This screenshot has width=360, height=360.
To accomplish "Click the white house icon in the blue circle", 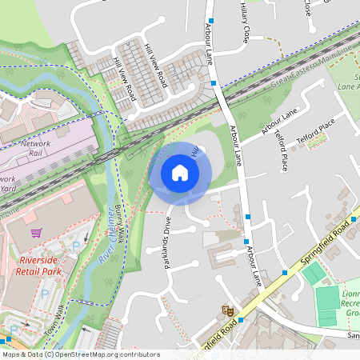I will [180, 172].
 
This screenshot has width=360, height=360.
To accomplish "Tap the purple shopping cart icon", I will [36, 233].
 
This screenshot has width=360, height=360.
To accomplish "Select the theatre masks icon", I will [227, 307].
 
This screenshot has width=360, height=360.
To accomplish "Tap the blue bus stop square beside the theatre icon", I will [241, 319].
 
